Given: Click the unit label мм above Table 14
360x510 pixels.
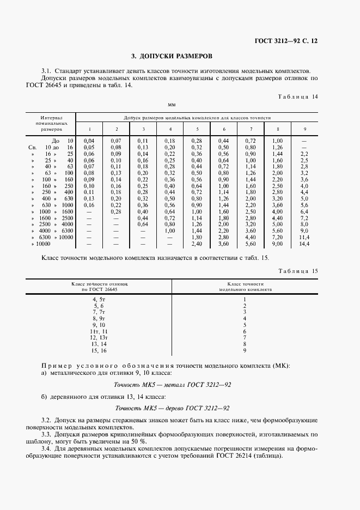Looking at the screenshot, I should [172, 104].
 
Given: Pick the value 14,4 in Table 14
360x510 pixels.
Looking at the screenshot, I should [304, 244].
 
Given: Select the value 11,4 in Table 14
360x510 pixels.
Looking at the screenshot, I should [304, 237].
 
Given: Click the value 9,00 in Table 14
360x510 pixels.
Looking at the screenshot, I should [277, 244].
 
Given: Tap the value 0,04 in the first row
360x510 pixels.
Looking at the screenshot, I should [89, 141].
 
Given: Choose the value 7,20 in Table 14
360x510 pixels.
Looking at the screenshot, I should [277, 237].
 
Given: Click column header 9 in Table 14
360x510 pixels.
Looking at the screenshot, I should [304, 129].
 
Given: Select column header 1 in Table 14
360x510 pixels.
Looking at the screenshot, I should [89, 129].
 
